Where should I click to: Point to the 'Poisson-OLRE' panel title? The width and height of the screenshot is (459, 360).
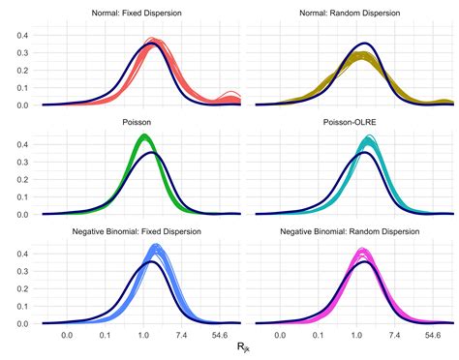click(352, 124)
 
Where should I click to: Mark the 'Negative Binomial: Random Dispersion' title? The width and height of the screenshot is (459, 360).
click(352, 232)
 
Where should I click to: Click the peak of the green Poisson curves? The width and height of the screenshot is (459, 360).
click(145, 137)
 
